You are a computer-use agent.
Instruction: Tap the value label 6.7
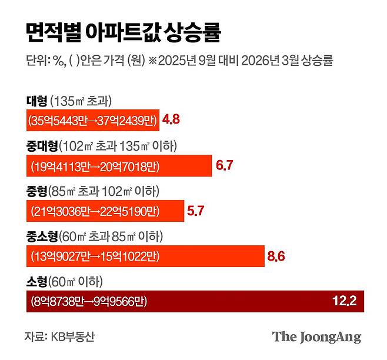point(225,165)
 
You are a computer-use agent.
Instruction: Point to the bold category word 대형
point(36,99)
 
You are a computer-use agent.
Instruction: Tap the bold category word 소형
point(36,282)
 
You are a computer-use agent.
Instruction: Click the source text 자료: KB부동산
point(59,336)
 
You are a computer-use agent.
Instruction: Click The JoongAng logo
point(316,337)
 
